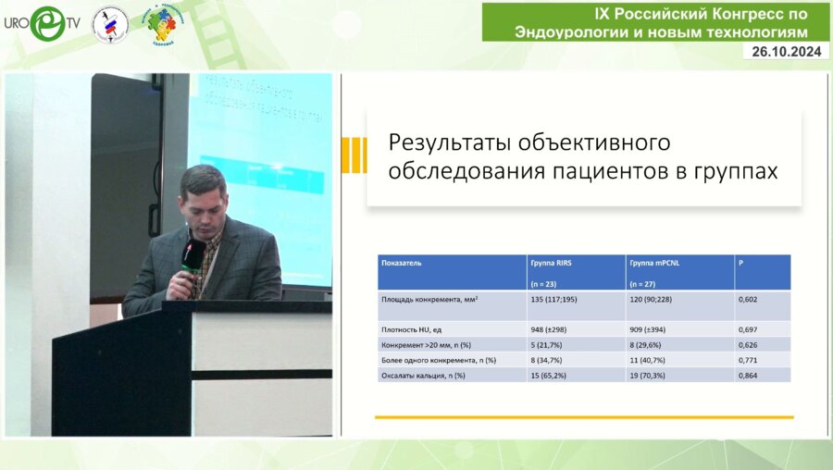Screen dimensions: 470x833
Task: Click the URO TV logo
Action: pyautogui.click(x=42, y=23)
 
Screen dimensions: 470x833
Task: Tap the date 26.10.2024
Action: pyautogui.click(x=786, y=52)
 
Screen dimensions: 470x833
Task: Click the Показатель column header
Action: pyautogui.click(x=402, y=263)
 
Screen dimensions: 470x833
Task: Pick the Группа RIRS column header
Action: pyautogui.click(x=550, y=263)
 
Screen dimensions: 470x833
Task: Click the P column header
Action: pyautogui.click(x=740, y=263)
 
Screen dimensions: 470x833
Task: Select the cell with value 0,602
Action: pyautogui.click(x=748, y=301)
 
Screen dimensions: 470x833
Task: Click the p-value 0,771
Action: pyautogui.click(x=748, y=359)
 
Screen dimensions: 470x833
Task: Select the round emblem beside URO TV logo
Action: pyautogui.click(x=110, y=24)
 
